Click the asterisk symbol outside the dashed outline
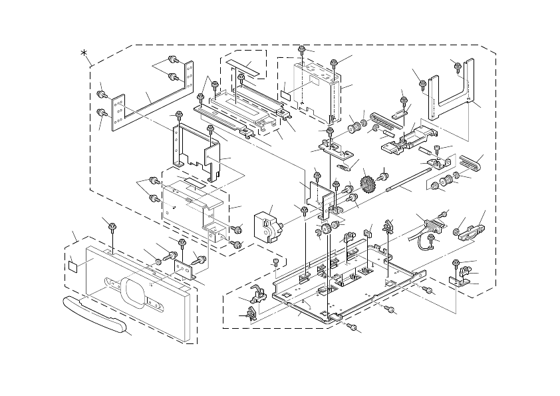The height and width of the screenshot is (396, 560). pyautogui.click(x=84, y=54)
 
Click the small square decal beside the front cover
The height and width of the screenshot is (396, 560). pyautogui.click(x=74, y=265)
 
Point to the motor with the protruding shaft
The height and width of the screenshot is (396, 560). pyautogui.click(x=267, y=224)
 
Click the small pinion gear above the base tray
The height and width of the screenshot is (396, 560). pyautogui.click(x=326, y=231)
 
